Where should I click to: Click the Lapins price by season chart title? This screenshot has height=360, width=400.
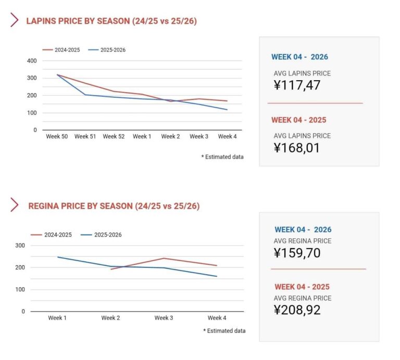(111, 21)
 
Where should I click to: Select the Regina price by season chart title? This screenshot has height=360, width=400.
(114, 206)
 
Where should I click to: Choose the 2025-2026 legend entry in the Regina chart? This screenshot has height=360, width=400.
(102, 235)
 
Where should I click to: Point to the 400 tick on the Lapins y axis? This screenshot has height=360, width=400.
(32, 61)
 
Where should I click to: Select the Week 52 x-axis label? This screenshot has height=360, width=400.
(113, 137)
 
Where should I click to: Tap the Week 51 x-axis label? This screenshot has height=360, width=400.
(85, 137)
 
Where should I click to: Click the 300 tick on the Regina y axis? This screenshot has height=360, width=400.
(20, 246)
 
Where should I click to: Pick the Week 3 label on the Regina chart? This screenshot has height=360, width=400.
(164, 318)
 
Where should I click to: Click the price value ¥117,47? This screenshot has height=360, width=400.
(297, 85)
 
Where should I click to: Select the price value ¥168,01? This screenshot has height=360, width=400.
(297, 148)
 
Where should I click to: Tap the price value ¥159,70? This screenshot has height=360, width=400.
(297, 253)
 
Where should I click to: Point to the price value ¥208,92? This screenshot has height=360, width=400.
(297, 311)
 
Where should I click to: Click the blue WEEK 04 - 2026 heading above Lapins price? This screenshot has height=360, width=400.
(299, 57)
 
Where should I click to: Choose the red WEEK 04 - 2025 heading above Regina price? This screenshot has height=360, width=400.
(302, 287)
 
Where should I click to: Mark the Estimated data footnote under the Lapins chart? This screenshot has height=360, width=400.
(222, 157)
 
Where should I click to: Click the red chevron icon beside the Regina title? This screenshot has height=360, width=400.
(15, 205)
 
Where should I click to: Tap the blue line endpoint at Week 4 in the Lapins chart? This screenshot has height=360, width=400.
(227, 110)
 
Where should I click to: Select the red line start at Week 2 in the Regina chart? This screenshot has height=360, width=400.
(111, 269)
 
